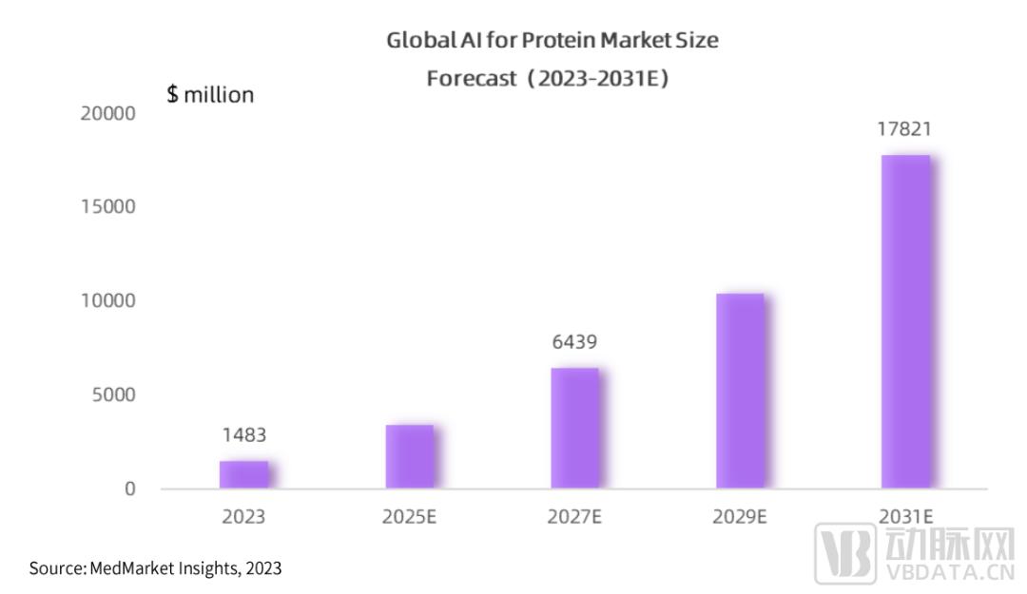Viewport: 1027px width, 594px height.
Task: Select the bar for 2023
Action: [x=243, y=474]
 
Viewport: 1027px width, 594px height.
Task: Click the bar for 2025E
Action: [x=409, y=456]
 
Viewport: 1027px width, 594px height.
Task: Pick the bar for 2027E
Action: [x=574, y=428]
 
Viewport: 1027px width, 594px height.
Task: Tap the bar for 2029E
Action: [x=740, y=391]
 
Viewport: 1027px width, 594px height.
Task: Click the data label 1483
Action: [x=244, y=435]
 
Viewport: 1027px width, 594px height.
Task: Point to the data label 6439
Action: [x=574, y=342]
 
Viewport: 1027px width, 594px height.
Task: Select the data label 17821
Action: [x=904, y=129]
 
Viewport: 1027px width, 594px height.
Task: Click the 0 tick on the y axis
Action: [x=130, y=489]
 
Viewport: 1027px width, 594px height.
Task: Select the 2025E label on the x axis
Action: [x=410, y=518]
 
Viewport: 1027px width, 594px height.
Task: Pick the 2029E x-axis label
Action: [x=740, y=518]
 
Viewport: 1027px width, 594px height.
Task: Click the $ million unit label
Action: [x=210, y=95]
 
